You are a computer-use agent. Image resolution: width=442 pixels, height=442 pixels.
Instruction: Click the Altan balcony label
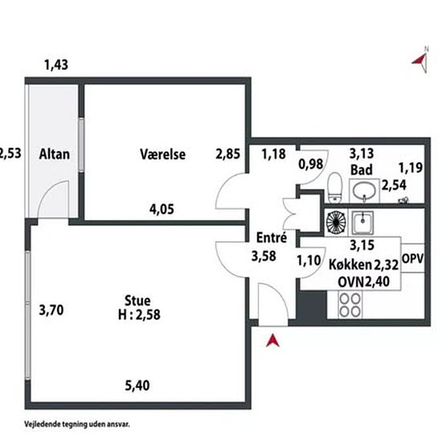coord(54,154)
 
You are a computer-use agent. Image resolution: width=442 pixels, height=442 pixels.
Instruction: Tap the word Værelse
coord(162,154)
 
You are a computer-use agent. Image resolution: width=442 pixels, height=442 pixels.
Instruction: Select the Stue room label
coord(137,301)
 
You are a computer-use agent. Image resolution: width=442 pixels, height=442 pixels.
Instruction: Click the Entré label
coord(272,237)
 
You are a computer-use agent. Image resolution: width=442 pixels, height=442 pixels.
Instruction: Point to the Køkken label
coord(350,265)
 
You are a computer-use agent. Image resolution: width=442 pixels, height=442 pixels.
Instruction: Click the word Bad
coord(362,170)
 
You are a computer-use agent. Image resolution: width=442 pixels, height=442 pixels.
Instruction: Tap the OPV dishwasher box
coord(413,259)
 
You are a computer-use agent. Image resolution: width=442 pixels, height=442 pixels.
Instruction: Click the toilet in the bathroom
coord(335,187)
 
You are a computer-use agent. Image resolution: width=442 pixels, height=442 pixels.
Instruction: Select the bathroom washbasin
coord(364,190)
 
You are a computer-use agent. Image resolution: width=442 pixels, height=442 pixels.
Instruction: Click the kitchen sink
coord(362,223)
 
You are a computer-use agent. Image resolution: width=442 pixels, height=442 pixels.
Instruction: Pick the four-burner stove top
coord(350,305)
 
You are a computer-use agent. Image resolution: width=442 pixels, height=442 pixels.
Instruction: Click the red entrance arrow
coord(272,340)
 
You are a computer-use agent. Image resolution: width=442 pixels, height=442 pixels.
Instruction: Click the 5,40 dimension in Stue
coord(137,385)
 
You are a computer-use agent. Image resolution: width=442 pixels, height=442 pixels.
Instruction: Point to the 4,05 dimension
coord(162,209)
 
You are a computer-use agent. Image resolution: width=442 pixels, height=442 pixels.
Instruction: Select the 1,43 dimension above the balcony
coord(56,65)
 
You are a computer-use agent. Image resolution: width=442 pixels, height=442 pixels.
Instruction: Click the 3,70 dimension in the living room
coord(51,310)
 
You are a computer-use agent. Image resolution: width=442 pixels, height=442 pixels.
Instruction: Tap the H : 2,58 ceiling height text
coord(139,314)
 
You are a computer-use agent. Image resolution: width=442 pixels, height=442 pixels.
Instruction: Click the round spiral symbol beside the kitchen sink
coord(336,223)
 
